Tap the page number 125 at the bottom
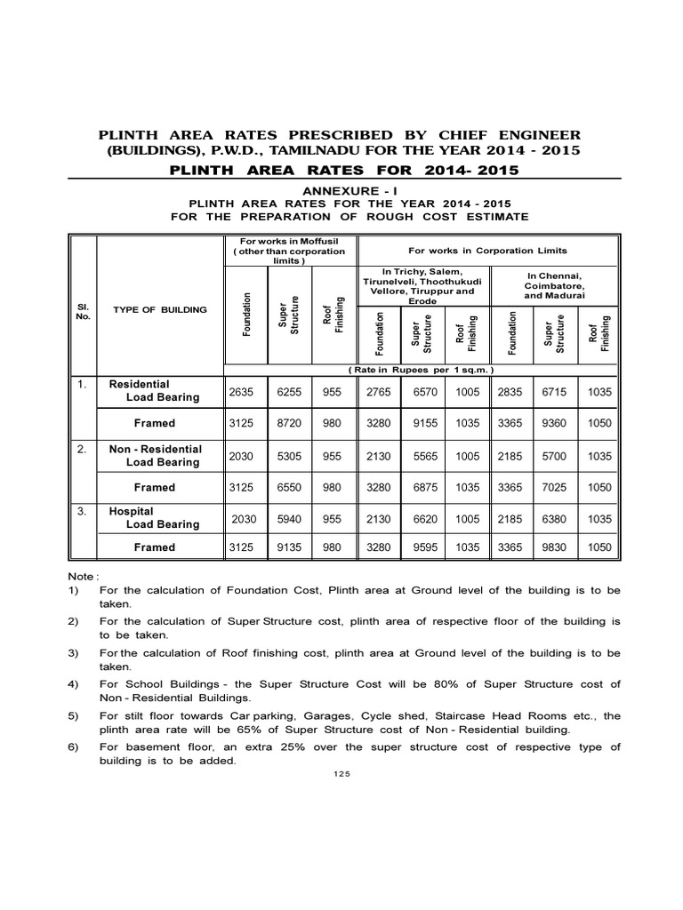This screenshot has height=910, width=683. [341, 774]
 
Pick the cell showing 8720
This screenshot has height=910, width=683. [289, 423]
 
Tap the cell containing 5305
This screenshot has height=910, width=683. [289, 455]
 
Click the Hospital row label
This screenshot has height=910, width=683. [131, 512]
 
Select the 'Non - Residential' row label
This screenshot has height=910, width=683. [156, 449]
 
